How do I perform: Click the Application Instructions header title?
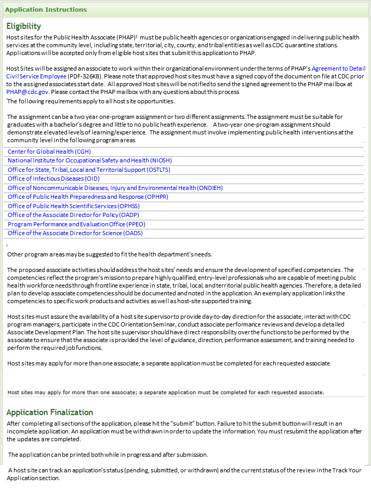click(46, 10)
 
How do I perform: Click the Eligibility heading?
click(23, 26)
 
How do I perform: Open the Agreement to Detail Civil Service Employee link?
click(338, 69)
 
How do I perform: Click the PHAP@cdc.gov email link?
click(28, 91)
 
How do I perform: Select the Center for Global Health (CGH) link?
click(49, 152)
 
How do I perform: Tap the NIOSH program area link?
click(90, 161)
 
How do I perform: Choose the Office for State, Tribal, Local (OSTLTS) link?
click(89, 170)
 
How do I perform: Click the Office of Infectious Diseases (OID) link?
click(54, 179)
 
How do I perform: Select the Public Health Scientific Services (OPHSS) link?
click(74, 206)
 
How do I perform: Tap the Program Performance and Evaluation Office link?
click(77, 224)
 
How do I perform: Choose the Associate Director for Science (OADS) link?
click(75, 233)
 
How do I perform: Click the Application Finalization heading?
click(49, 412)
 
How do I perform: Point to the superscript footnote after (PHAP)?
click(136, 36)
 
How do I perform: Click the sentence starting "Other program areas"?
click(110, 254)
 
